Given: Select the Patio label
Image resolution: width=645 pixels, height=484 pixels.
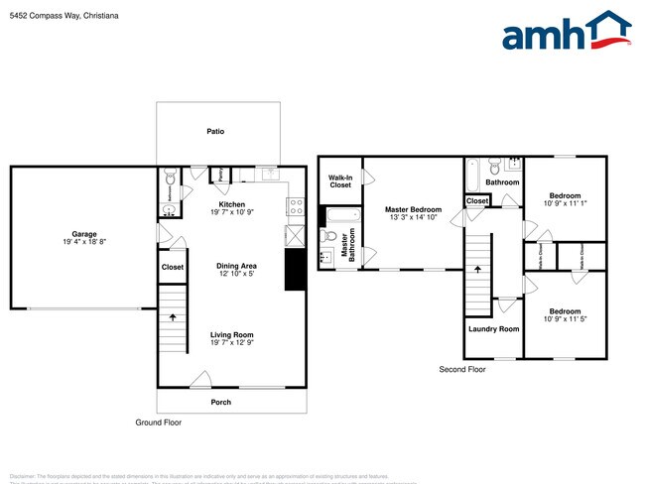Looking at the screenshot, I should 214,131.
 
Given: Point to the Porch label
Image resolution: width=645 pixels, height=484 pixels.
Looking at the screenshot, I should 219,402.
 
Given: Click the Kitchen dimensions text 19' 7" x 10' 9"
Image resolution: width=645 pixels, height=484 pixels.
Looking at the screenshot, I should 231,213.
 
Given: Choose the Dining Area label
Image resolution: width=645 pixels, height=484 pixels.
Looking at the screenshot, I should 237,266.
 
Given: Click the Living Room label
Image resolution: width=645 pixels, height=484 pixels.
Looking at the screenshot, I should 231,335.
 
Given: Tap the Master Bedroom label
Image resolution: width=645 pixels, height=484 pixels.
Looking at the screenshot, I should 413,209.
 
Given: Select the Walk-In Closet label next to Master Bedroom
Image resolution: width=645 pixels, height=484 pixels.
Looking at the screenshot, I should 340,181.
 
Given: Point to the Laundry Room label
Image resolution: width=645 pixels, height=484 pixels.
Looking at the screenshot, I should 493,328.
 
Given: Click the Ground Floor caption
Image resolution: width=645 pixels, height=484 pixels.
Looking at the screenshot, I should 159,423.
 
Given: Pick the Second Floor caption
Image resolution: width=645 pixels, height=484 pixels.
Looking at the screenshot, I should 462,369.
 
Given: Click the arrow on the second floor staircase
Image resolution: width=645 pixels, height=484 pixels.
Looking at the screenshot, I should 479,268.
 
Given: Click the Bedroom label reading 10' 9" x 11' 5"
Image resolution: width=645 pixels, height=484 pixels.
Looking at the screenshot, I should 564,314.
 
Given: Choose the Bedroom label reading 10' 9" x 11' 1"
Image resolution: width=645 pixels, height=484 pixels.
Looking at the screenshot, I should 564,199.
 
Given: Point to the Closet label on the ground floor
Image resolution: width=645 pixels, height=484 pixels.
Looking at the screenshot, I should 173,267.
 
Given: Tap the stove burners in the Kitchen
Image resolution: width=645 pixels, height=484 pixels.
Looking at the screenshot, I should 295,207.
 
